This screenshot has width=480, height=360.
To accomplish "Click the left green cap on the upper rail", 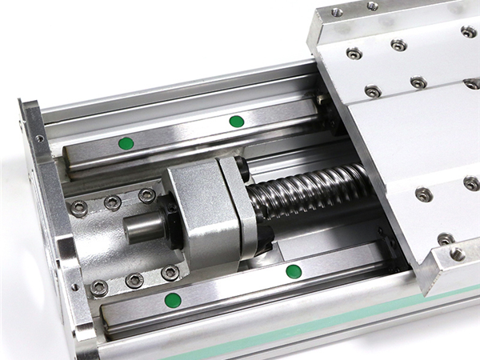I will point(126,143).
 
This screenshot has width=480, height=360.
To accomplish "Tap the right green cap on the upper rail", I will point(236,122).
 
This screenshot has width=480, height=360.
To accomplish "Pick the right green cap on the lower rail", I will point(294,271).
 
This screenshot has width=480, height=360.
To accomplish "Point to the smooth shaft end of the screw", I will point(141,228).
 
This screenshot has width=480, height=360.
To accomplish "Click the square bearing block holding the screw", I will point(204,212).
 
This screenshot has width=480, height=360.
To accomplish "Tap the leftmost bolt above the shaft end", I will point(79,208).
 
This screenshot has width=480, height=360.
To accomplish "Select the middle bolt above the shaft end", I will point(113,202).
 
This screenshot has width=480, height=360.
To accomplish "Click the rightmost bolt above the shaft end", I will point(146,195).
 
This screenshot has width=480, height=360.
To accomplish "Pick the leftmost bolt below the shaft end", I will point(99,287).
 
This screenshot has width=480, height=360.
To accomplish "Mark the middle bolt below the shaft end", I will point(134,280).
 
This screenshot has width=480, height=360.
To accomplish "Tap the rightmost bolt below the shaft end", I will point(170,274).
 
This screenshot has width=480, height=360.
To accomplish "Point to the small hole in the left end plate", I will point(39,138).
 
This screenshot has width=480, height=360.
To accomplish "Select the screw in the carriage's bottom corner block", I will point(457,254).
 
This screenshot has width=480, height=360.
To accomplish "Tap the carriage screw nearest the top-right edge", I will point(468,32).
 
